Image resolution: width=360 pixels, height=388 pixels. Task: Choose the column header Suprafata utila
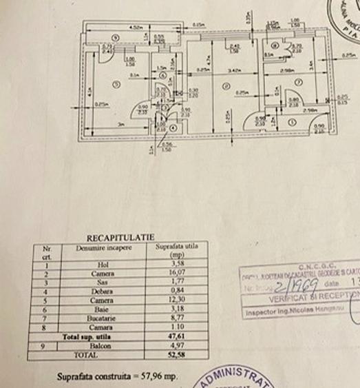173,246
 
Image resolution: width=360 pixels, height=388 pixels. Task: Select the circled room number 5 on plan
117,84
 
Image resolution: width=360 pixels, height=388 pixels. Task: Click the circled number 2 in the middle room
225,86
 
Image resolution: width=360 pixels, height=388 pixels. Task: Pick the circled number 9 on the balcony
116,37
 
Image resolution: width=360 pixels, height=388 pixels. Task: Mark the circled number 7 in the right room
298,82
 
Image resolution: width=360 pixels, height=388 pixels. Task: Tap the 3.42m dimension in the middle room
234,70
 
